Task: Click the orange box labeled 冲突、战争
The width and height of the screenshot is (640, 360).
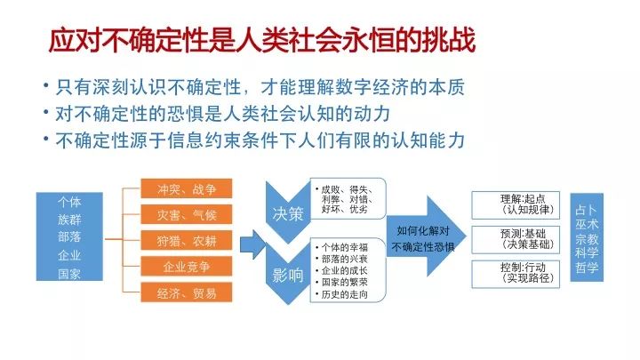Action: click(187, 188)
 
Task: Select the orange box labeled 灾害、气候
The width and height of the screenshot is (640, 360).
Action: click(187, 215)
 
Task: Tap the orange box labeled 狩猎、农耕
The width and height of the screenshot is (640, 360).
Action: click(187, 240)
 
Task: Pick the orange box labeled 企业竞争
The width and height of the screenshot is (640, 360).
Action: click(187, 267)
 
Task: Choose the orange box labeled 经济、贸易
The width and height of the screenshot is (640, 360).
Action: click(187, 292)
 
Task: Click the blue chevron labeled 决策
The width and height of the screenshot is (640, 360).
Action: click(288, 213)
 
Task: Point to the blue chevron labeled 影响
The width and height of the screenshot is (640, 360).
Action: click(288, 275)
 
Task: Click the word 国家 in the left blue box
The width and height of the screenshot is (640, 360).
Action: click(69, 274)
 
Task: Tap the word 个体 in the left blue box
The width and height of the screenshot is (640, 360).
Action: click(69, 202)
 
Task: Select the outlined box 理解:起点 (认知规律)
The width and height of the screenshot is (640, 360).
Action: click(516, 205)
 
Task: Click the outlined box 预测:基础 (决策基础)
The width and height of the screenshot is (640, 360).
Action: click(516, 240)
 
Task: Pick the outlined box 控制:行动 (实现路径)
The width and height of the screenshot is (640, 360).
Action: click(516, 274)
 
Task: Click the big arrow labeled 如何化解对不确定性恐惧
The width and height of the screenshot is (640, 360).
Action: click(426, 236)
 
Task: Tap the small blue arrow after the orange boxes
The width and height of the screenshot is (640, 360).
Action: click(252, 244)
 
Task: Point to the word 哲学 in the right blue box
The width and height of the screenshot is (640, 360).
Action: click(587, 268)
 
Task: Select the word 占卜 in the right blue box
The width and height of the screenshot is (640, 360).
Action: click(587, 210)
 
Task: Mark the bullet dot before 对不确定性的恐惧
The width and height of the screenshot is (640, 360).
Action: click(46, 111)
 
